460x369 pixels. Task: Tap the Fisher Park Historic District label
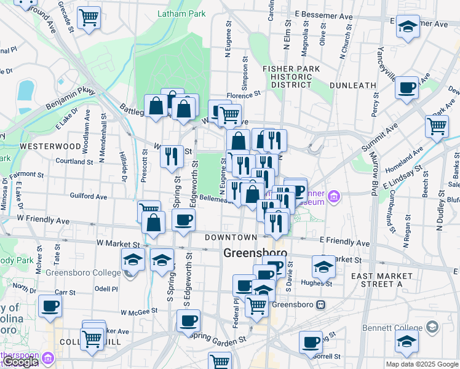click(x=287, y=76)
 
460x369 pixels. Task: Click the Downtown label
click(x=231, y=237)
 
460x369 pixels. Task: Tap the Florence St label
click(x=244, y=95)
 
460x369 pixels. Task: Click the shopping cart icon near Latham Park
click(x=90, y=17)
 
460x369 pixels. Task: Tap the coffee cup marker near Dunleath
click(x=406, y=88)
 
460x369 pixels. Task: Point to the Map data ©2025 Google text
click(x=421, y=364)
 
